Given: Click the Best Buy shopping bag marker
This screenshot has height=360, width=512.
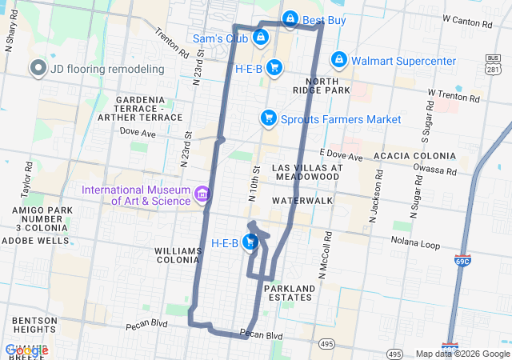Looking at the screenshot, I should pos(290,18).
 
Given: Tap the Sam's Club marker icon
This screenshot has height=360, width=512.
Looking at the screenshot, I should pos(260,37).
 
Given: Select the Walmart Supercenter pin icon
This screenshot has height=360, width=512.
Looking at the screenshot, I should pos(339,61).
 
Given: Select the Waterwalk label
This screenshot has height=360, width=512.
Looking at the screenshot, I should pos(302,199).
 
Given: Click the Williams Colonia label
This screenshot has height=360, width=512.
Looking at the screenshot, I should pos(178,256).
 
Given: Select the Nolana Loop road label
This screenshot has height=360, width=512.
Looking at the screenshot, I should pos(416,240).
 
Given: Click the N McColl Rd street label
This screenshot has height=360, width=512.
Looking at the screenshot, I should pos(326,256).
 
